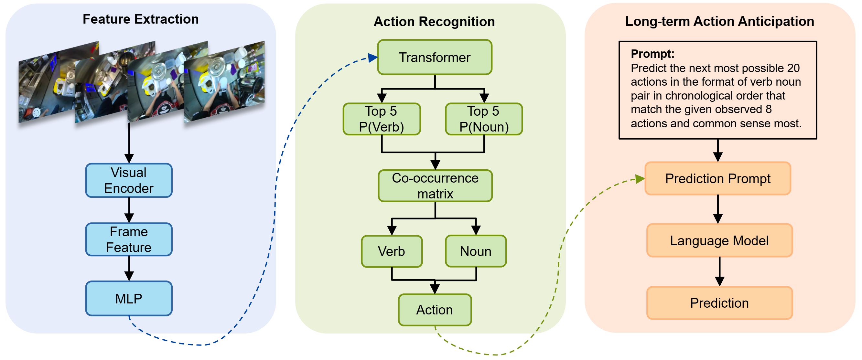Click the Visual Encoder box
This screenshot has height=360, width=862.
pyautogui.click(x=129, y=180)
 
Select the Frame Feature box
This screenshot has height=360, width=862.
pyautogui.click(x=129, y=239)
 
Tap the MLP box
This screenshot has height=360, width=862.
pyautogui.click(x=129, y=299)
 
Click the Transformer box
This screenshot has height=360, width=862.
pyautogui.click(x=435, y=57)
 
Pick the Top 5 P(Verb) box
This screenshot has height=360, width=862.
pyautogui.click(x=382, y=119)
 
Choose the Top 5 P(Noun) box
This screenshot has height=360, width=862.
pyautogui.click(x=484, y=119)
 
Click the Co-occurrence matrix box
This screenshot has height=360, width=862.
pyautogui.click(x=435, y=186)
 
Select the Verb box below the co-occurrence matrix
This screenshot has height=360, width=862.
pyautogui.click(x=392, y=251)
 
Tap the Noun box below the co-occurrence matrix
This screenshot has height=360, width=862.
pyautogui.click(x=476, y=251)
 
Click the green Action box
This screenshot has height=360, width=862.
pyautogui.click(x=435, y=310)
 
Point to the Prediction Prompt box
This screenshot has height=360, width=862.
pyautogui.click(x=718, y=179)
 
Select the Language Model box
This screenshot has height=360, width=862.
pyautogui.click(x=719, y=240)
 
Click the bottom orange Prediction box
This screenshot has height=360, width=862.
pyautogui.click(x=719, y=303)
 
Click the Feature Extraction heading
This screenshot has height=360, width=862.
pyautogui.click(x=141, y=19)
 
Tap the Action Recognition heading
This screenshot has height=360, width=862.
pyautogui.click(x=434, y=21)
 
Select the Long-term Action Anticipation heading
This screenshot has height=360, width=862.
pyautogui.click(x=719, y=21)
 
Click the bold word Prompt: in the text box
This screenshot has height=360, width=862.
pyautogui.click(x=652, y=54)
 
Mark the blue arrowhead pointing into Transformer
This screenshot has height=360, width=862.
pyautogui.click(x=373, y=58)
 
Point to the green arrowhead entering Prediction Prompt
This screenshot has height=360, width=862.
pyautogui.click(x=640, y=179)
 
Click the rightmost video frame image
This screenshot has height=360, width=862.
pyautogui.click(x=224, y=82)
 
